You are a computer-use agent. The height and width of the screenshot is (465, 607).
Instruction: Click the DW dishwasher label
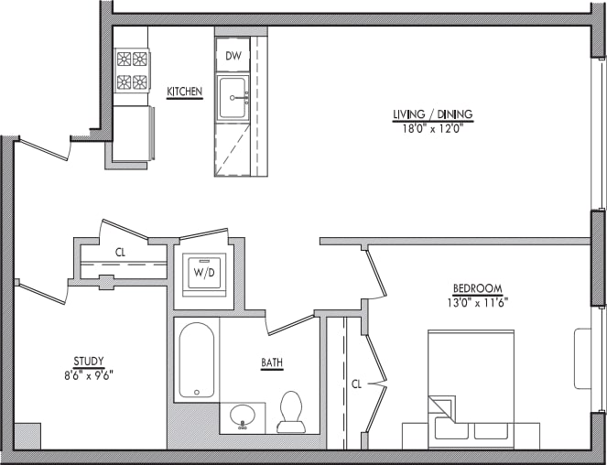(x=233, y=56)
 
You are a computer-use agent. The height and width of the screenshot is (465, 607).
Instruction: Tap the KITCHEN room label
(x=185, y=92)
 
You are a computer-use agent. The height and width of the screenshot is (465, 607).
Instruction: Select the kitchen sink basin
(x=233, y=98)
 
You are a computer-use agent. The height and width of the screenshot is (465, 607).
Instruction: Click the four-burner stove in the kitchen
(x=132, y=70)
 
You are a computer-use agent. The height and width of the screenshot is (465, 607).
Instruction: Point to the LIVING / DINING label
(x=433, y=114)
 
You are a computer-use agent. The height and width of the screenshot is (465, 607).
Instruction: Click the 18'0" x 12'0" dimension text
(x=433, y=128)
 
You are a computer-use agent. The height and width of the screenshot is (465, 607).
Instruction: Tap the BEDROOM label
(x=478, y=288)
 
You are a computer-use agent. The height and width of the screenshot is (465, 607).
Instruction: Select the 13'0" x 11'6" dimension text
(x=477, y=302)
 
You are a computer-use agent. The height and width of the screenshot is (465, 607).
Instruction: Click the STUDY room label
(x=89, y=362)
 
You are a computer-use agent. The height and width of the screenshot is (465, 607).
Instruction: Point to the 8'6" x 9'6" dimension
(x=89, y=375)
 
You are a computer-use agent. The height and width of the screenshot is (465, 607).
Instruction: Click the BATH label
(x=272, y=362)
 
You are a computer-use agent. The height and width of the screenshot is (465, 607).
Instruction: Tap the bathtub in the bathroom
(x=197, y=360)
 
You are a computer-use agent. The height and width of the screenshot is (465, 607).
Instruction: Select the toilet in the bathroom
(x=291, y=412)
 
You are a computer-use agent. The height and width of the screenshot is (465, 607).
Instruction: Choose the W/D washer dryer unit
(x=204, y=275)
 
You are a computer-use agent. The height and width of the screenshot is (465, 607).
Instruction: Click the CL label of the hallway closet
(x=121, y=253)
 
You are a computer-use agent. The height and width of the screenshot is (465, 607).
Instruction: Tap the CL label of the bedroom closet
(x=356, y=384)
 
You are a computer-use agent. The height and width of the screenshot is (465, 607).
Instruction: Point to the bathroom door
(x=290, y=325)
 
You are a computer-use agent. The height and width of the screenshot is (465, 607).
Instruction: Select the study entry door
(x=42, y=293)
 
